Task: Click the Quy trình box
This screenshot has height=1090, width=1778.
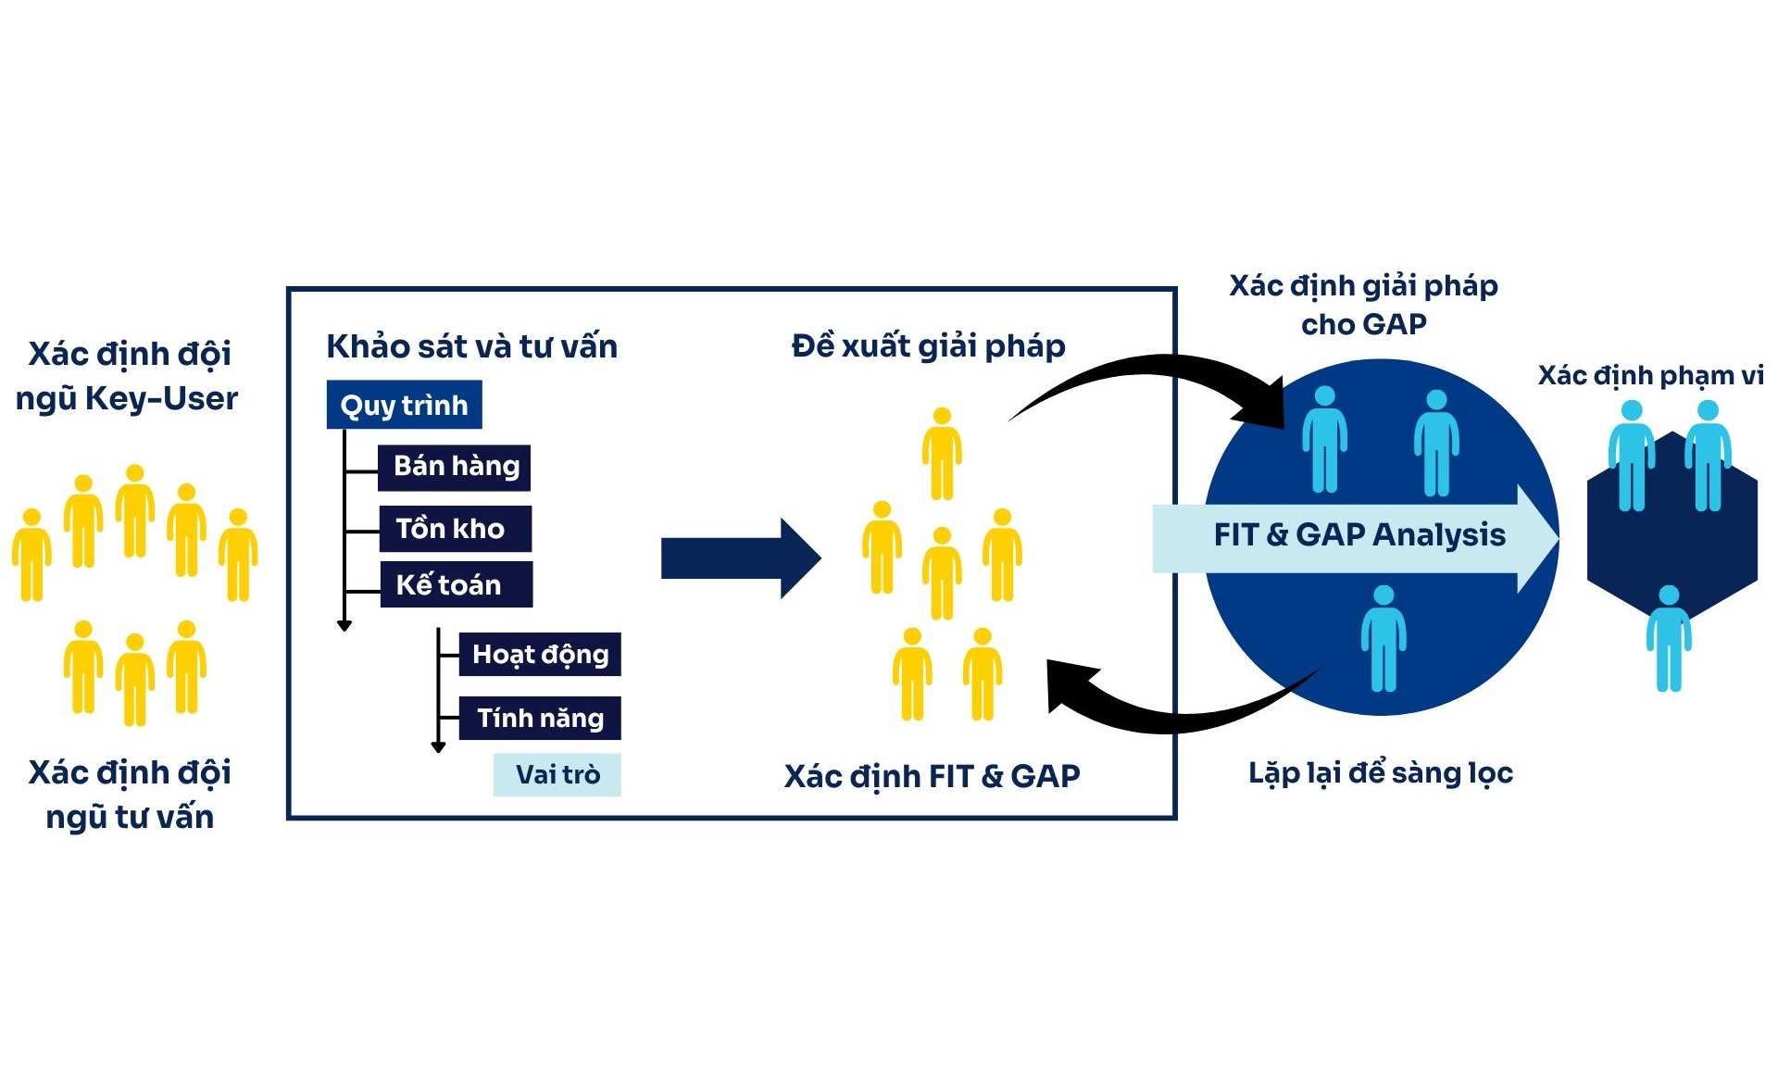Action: pos(404,405)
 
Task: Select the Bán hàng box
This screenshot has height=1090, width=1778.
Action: pos(455,466)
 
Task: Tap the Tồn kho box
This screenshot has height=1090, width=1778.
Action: pos(455,529)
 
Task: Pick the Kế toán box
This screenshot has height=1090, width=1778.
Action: pos(455,584)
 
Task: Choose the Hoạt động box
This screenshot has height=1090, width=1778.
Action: pos(540,655)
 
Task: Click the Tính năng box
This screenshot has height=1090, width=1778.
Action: pos(540,718)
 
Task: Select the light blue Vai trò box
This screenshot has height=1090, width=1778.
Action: pos(557,774)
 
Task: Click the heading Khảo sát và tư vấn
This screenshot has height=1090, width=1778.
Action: pos(471,346)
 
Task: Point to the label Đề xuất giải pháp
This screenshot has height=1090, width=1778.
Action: pos(928,346)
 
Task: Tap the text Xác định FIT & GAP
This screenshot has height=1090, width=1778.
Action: pos(932,776)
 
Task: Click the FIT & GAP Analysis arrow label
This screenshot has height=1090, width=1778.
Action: pos(1359,535)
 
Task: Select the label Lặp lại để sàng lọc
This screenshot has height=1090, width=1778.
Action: pos(1380,772)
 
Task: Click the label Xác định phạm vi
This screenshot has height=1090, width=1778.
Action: pos(1650,375)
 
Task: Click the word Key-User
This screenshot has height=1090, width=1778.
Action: pos(161,398)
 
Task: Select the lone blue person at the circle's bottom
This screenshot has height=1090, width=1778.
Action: pos(1383,639)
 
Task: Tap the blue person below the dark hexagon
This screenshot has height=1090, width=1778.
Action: pos(1668,639)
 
